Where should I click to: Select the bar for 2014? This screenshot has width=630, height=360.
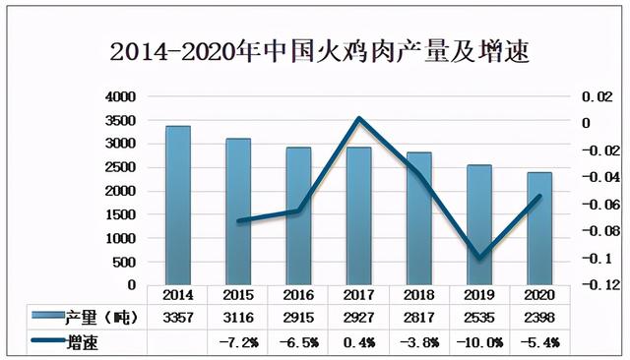click(x=177, y=206)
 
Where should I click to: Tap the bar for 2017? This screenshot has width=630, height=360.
click(x=358, y=216)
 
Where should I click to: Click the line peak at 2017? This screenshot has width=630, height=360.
click(x=358, y=119)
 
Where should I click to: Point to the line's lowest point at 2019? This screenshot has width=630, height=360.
click(x=479, y=258)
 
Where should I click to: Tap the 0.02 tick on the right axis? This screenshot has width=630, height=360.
click(x=597, y=97)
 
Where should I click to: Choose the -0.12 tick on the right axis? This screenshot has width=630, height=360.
click(x=594, y=285)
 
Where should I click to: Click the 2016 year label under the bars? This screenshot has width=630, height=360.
click(x=297, y=294)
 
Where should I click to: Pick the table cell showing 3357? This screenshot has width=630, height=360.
click(x=177, y=317)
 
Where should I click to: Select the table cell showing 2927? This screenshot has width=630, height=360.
click(x=358, y=317)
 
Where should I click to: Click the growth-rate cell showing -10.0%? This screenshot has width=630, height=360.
click(x=479, y=341)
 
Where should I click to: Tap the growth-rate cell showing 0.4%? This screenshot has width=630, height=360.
click(x=358, y=341)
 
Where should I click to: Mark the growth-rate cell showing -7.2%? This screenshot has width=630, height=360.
click(x=237, y=341)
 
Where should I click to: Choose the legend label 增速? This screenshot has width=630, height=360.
click(x=83, y=341)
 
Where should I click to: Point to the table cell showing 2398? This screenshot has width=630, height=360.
click(x=538, y=317)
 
